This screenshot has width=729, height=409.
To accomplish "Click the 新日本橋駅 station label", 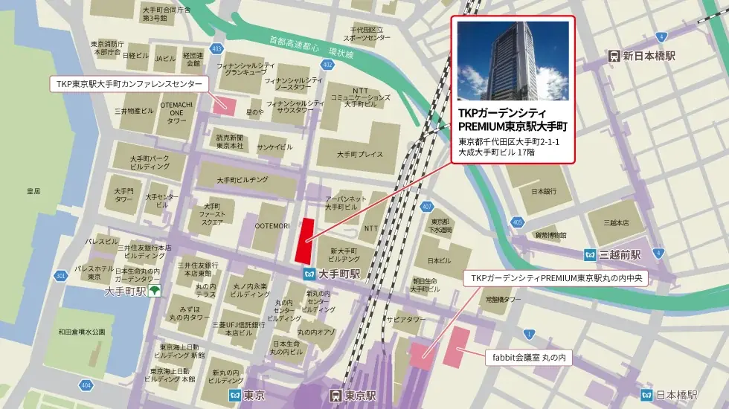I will tap(649, 56).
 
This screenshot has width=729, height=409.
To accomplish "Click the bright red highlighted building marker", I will tap(304, 240).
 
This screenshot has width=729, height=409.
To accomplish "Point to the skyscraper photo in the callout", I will tap(513, 61).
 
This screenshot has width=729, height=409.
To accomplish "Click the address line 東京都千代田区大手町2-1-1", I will tap(508, 142).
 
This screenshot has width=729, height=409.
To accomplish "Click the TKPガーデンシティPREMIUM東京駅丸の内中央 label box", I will tap(559, 279).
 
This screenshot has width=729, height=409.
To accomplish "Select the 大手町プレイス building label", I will tap(359, 155).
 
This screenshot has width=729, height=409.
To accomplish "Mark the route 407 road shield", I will tap(426, 206).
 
